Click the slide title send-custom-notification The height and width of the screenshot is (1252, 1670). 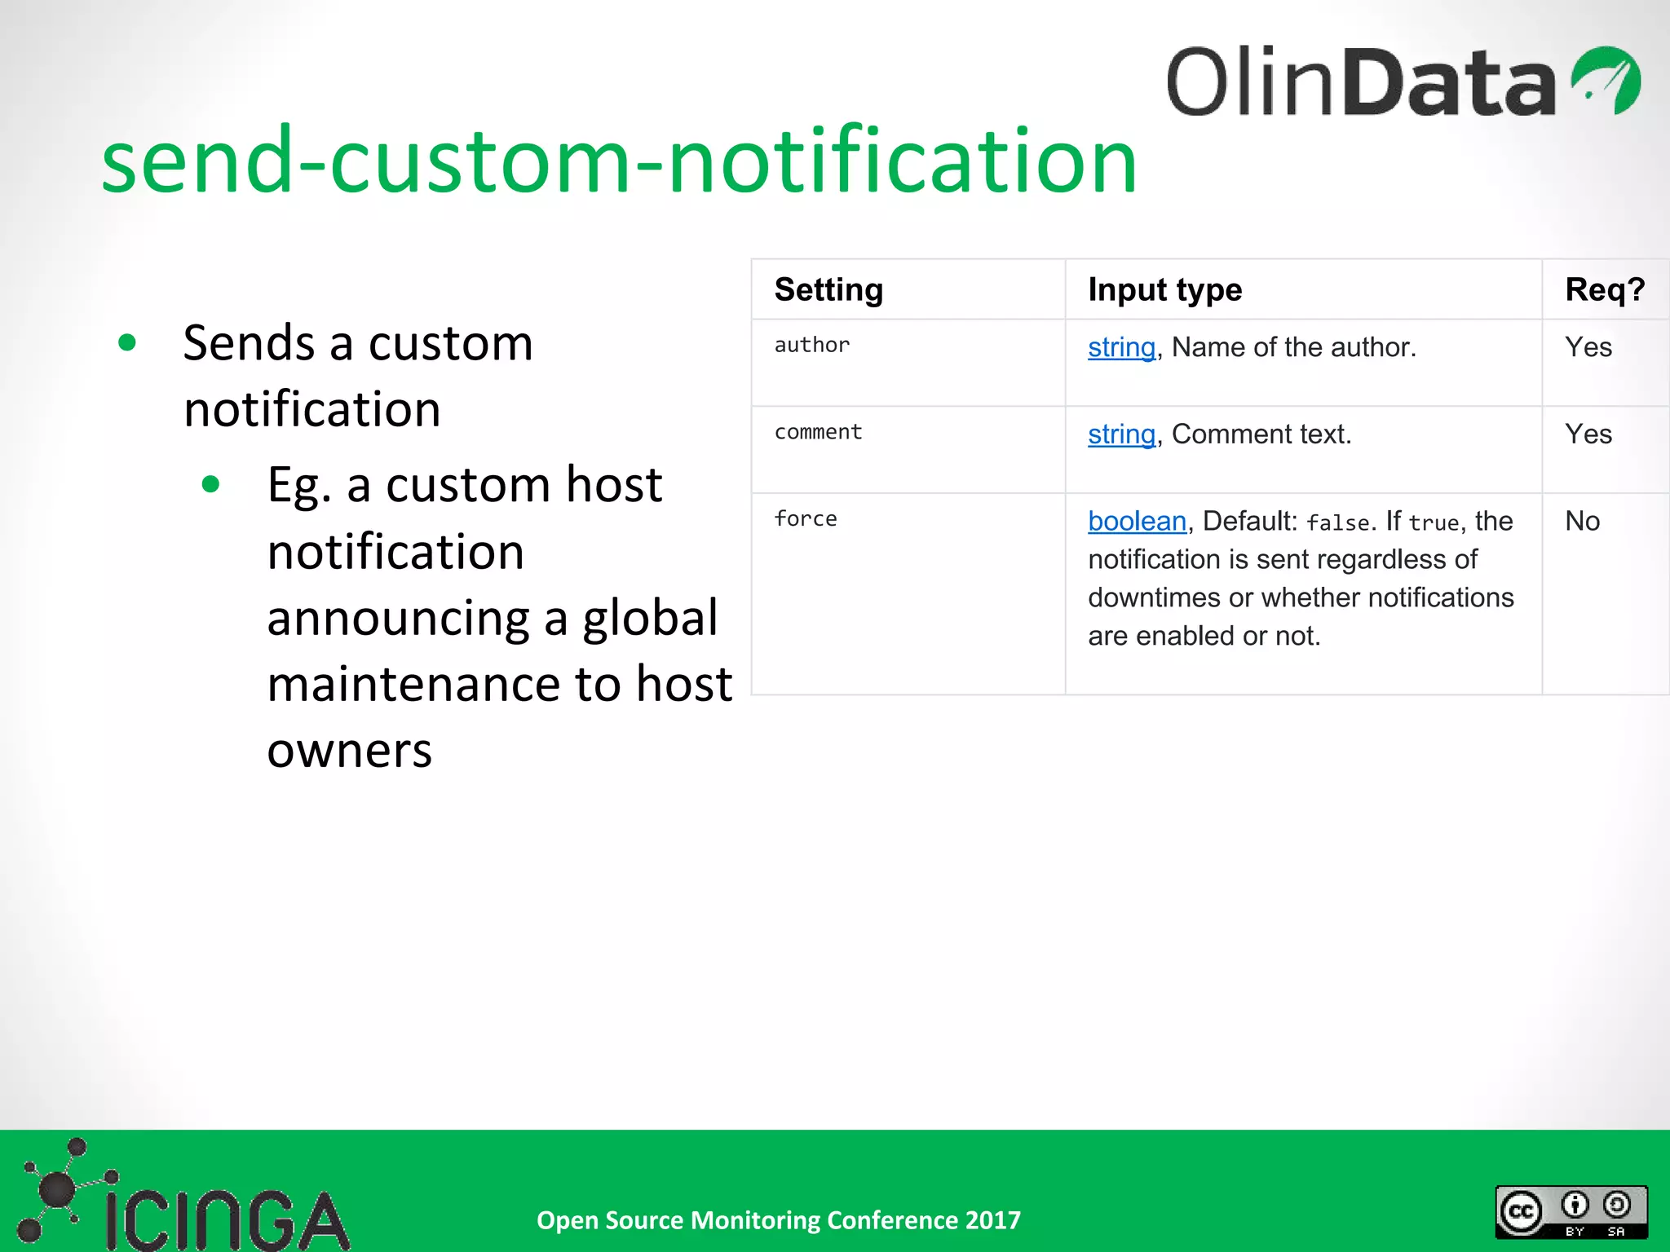point(619,161)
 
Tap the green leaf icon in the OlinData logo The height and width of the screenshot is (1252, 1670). point(1606,81)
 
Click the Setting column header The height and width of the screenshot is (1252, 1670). point(828,290)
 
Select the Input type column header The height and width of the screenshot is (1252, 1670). point(1164,290)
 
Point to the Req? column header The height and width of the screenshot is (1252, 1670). point(1604,290)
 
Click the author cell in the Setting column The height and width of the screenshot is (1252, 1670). point(812,346)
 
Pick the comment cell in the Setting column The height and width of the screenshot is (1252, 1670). point(818,432)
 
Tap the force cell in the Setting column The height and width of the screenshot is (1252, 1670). point(806,519)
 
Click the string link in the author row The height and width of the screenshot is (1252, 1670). point(1121,348)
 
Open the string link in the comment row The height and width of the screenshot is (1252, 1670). point(1121,435)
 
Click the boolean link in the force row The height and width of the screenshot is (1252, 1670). point(1137,522)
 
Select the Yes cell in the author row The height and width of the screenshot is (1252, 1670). point(1588,348)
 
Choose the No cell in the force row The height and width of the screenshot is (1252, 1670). point(1582,522)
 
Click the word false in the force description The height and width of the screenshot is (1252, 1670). point(1337,523)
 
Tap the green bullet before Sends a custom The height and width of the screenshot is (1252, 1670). point(127,342)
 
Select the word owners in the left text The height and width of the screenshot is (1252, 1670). point(349,751)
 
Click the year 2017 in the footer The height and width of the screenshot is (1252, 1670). point(992,1220)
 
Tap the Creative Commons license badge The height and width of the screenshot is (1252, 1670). point(1571,1212)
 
